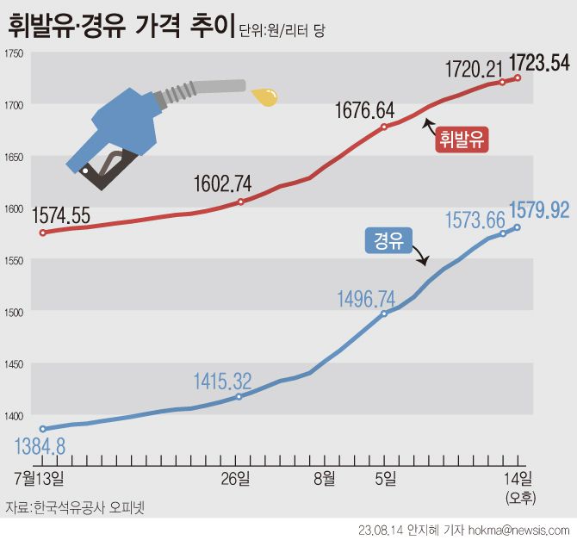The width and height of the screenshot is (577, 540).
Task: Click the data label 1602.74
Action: pyautogui.click(x=222, y=183)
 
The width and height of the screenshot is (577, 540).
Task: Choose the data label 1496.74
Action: pyautogui.click(x=366, y=299)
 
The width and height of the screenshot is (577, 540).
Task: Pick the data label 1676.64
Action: pyautogui.click(x=365, y=110)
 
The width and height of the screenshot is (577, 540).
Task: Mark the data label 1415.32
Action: pyautogui.click(x=222, y=380)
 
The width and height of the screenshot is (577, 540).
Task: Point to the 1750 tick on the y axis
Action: pyautogui.click(x=13, y=53)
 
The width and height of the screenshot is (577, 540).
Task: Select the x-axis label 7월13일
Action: pyautogui.click(x=41, y=476)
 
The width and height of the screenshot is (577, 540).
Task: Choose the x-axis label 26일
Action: pyautogui.click(x=237, y=476)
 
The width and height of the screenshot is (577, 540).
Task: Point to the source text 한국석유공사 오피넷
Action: pyautogui.click(x=89, y=507)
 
